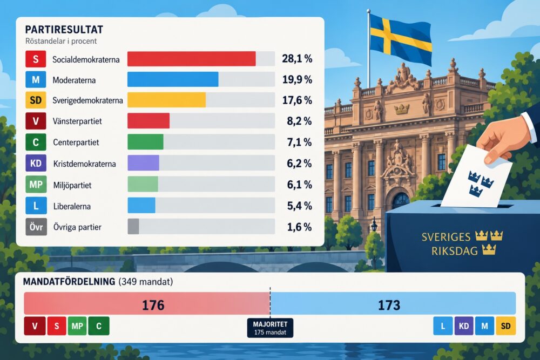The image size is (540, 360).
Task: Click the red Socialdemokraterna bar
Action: coord(192,59)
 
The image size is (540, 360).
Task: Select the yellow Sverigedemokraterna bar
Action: coord(167,100)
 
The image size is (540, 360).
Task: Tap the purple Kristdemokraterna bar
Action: coord(143,163)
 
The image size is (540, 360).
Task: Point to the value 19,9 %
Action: coord(297,79)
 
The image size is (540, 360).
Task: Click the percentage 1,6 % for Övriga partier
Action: coord(299,227)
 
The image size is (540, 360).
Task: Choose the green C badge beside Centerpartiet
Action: coord(36,142)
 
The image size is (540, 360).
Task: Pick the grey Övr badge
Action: coord(36,227)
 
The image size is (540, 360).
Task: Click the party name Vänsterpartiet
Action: coord(77,121)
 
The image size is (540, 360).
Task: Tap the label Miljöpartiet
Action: coord(72,186)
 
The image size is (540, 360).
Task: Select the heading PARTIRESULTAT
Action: coord(64,30)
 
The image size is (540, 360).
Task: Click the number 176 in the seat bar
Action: coord(153,305)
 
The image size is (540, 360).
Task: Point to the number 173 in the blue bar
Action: coord(389,305)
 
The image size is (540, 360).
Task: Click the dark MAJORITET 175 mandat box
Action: coord(271,328)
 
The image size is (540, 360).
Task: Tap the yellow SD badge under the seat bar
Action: coord(505,326)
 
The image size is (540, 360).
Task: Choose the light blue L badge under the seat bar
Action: coord(443,326)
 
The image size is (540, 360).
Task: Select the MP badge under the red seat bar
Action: coord(77,326)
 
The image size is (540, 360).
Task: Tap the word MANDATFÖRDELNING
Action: coord(69,282)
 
